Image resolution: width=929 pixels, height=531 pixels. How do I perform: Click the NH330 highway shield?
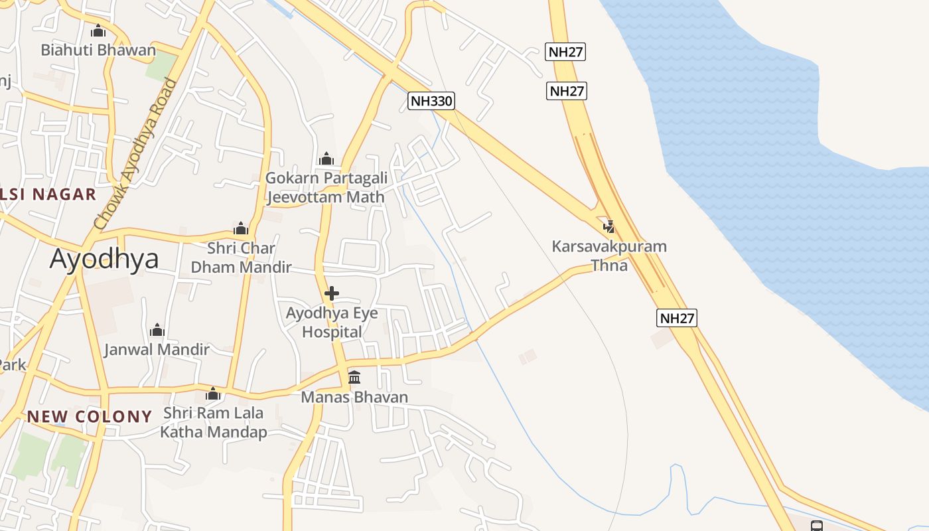431,101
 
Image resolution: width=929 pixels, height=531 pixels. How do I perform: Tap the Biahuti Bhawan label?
98,50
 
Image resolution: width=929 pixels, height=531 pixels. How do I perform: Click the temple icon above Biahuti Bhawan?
98,31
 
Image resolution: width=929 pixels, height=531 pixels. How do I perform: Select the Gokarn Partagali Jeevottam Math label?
325,187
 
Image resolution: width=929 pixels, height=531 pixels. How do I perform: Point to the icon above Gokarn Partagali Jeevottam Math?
326,159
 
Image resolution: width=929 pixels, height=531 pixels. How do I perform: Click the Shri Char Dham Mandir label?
241,258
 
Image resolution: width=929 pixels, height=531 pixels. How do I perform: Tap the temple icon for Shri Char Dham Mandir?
241,229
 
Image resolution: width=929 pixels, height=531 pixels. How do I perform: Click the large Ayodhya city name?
104,258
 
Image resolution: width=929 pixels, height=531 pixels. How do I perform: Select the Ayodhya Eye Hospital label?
332,322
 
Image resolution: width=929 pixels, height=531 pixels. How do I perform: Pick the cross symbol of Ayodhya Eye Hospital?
332,293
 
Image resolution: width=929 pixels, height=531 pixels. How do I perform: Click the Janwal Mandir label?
157,349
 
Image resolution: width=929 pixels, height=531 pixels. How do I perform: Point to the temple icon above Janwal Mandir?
157,330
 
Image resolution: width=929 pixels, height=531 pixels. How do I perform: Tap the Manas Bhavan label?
354,397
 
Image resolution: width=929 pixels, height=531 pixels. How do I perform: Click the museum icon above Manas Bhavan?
354,378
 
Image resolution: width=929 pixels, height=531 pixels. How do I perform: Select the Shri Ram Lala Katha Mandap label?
213,422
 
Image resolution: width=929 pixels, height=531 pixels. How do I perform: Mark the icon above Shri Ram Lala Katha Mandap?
213,394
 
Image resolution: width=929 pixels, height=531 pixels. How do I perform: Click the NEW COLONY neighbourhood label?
90,417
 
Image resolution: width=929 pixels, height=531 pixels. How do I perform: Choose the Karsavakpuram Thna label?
609,256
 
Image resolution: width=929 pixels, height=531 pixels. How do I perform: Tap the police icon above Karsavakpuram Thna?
608,227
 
